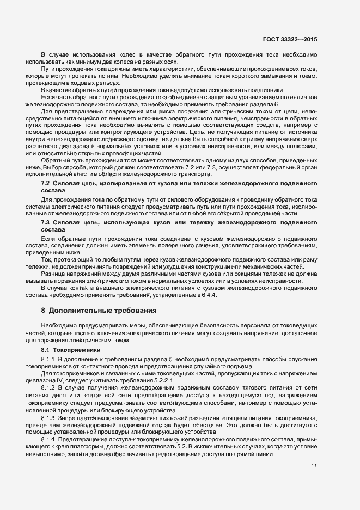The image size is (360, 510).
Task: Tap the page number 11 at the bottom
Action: [x=314, y=466]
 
